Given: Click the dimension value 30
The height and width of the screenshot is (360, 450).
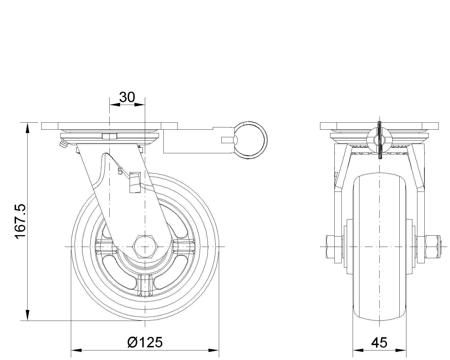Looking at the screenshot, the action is pos(127,97).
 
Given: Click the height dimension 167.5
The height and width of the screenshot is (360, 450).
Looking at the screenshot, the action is pos(21,220).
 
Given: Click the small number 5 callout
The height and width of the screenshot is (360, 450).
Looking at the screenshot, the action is pos(120,171).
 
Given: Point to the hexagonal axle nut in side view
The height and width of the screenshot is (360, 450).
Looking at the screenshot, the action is pos(145,247).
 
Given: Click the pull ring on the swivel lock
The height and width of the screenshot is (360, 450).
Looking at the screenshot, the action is pos(251,140).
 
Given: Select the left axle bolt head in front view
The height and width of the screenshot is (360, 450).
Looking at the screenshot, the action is pos(330,247).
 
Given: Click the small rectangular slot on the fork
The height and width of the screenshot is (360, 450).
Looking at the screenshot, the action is pos(135,183).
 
